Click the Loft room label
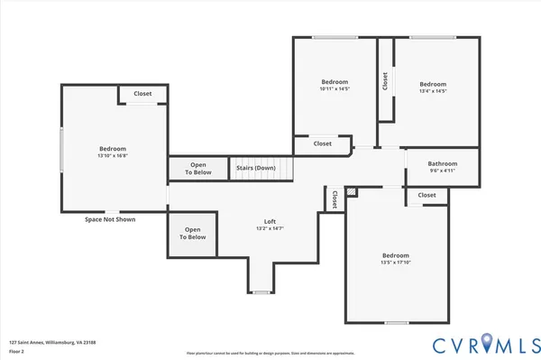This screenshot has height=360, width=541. tap(270, 221)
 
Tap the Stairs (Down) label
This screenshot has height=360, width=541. tap(256, 168)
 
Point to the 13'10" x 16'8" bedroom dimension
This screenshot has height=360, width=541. tap(113, 156)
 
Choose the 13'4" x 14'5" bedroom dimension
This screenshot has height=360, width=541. tap(432, 90)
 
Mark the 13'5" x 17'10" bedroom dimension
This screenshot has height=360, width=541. tap(395, 263)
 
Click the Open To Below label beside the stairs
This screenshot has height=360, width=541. tap(198, 168)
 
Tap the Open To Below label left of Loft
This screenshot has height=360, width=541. tap(193, 234)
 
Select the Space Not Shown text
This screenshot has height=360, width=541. tap(110, 219)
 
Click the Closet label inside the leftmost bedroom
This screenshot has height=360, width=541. tap(142, 94)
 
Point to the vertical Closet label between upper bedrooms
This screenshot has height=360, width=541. tap(385, 81)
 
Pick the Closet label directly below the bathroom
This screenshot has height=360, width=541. tap(426, 195)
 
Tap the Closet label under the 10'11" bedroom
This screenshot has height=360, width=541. tap(322, 143)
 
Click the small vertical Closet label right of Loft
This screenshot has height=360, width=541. tap(334, 198)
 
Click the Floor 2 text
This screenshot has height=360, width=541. tap(17, 352)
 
